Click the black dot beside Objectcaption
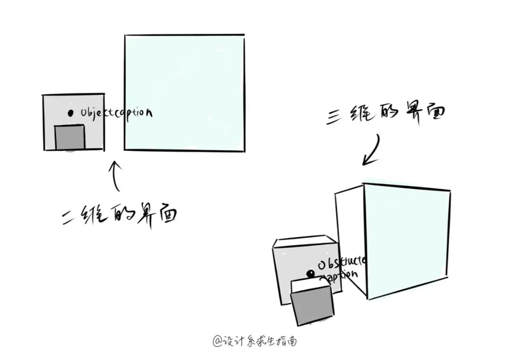[70, 113]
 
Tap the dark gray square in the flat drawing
[70, 138]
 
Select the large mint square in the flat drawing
[185, 93]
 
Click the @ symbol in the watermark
[217, 341]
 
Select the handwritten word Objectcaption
[116, 113]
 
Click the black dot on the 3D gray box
[310, 273]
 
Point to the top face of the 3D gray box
[305, 243]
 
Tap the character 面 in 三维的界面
[432, 113]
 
